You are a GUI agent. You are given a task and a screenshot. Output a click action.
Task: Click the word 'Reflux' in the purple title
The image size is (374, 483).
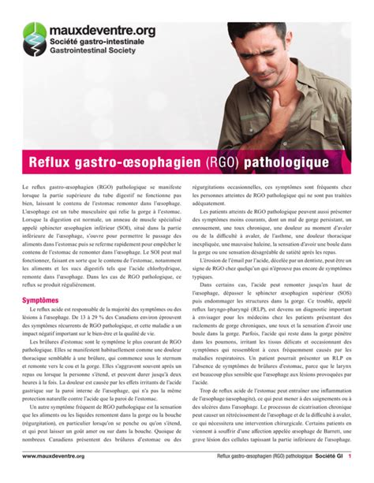[x=56, y=160]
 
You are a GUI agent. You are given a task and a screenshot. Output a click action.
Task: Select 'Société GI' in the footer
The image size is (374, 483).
[x=328, y=476]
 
